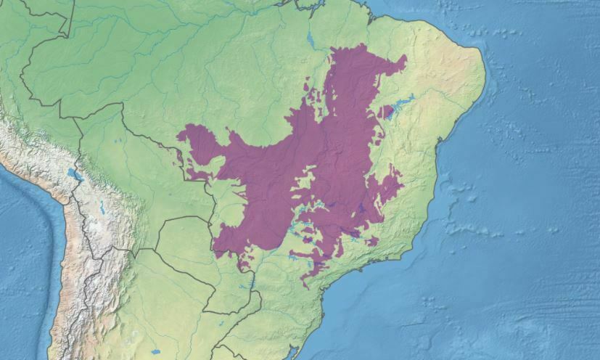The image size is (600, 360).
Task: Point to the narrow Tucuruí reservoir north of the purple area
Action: tap(311, 36)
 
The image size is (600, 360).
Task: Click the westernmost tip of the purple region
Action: tap(178, 134)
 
